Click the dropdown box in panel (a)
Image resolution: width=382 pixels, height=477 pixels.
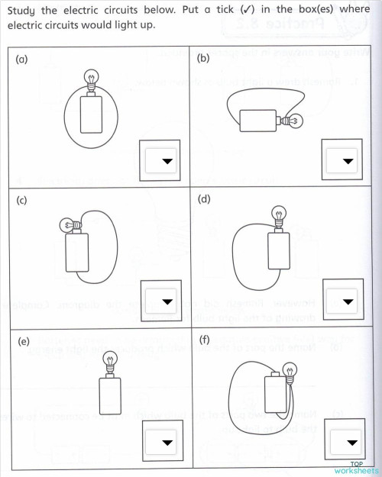point(163,161)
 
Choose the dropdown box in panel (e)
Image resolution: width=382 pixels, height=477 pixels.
point(163,442)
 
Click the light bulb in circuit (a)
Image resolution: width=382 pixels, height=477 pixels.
point(90,79)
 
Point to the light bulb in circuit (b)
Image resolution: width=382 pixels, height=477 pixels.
point(293,120)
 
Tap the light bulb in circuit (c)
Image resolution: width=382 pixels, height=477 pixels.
point(66,224)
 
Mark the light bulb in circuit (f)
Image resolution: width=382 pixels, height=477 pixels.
point(289,372)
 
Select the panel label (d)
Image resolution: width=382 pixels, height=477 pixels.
point(203,200)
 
